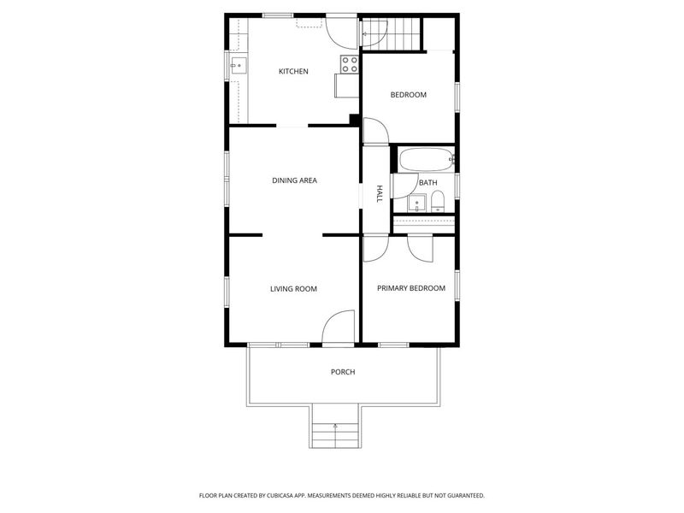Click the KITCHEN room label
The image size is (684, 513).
click(x=293, y=72)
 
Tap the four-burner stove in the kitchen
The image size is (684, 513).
click(x=349, y=64)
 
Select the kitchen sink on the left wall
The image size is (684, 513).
click(x=237, y=64)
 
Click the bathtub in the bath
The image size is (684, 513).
click(x=425, y=160)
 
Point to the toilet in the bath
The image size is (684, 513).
click(x=438, y=201)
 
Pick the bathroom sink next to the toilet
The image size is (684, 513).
click(x=416, y=203)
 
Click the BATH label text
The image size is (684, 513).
click(x=427, y=183)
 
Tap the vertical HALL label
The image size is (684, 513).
click(x=380, y=194)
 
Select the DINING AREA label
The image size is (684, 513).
click(x=294, y=180)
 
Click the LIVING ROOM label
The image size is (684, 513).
click(x=293, y=289)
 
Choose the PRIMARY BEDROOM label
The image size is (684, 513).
click(x=411, y=288)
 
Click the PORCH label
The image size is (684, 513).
click(x=342, y=372)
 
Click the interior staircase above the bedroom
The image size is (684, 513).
click(x=401, y=34)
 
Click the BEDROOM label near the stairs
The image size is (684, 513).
click(x=408, y=95)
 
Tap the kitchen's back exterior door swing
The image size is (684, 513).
click(x=343, y=31)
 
